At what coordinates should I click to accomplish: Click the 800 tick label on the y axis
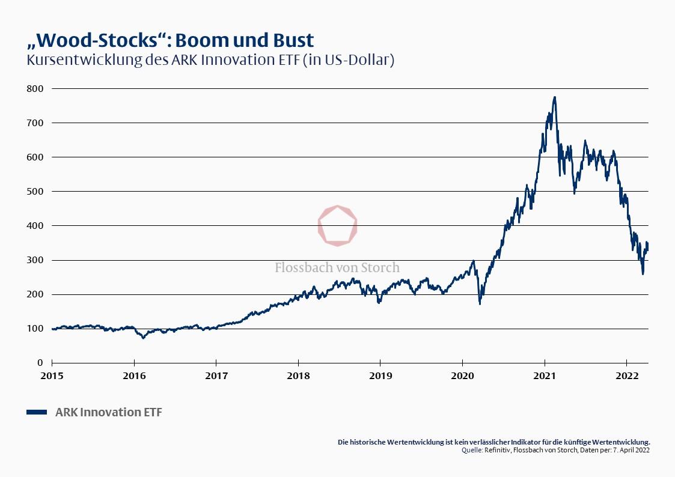point(35,88)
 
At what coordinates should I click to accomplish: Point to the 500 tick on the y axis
point(35,191)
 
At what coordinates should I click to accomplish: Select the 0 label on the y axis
point(40,363)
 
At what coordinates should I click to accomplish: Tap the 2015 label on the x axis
point(52,376)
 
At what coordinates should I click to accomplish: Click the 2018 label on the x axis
point(298,376)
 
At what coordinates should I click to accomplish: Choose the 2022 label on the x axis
point(626,376)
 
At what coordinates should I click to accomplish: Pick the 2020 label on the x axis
point(462,376)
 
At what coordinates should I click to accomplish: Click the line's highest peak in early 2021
point(554,97)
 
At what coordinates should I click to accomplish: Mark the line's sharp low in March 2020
point(480,303)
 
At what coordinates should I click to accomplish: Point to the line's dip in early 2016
point(143,338)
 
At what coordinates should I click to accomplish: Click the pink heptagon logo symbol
point(337,226)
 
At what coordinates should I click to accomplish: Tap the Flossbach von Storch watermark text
point(337,267)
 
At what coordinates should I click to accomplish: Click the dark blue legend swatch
point(37,412)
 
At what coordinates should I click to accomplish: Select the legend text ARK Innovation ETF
point(108,412)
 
